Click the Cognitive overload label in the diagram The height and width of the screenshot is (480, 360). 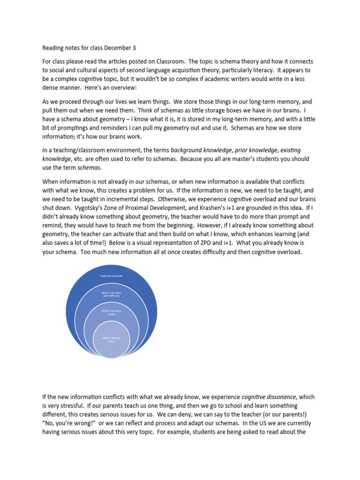pos(112,276)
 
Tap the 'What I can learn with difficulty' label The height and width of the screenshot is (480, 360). pos(112,295)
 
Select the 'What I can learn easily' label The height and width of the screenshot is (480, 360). pos(112,312)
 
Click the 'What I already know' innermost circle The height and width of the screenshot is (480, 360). pos(112,339)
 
